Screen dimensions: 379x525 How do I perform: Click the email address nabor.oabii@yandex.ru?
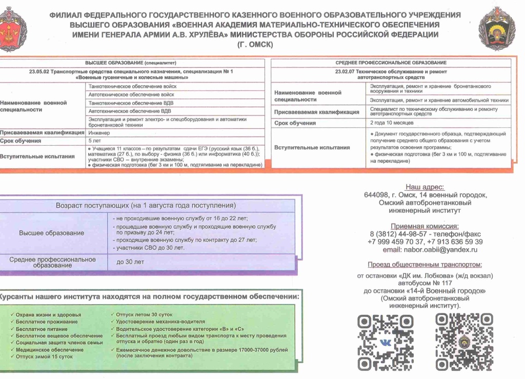coord(430,250)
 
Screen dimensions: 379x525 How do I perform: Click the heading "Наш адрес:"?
coord(425,187)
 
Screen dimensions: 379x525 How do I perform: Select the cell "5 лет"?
coord(95,140)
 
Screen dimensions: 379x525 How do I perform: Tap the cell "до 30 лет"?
coord(130,262)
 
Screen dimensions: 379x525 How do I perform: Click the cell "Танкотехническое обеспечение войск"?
coord(132,87)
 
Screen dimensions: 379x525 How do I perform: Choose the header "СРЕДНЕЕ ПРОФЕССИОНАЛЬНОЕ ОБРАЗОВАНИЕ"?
coord(391,63)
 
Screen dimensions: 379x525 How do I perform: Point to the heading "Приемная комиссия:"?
coord(425,226)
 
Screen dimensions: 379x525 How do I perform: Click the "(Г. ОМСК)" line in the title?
coord(255,44)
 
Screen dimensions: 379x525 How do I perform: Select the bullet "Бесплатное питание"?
coord(42,329)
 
